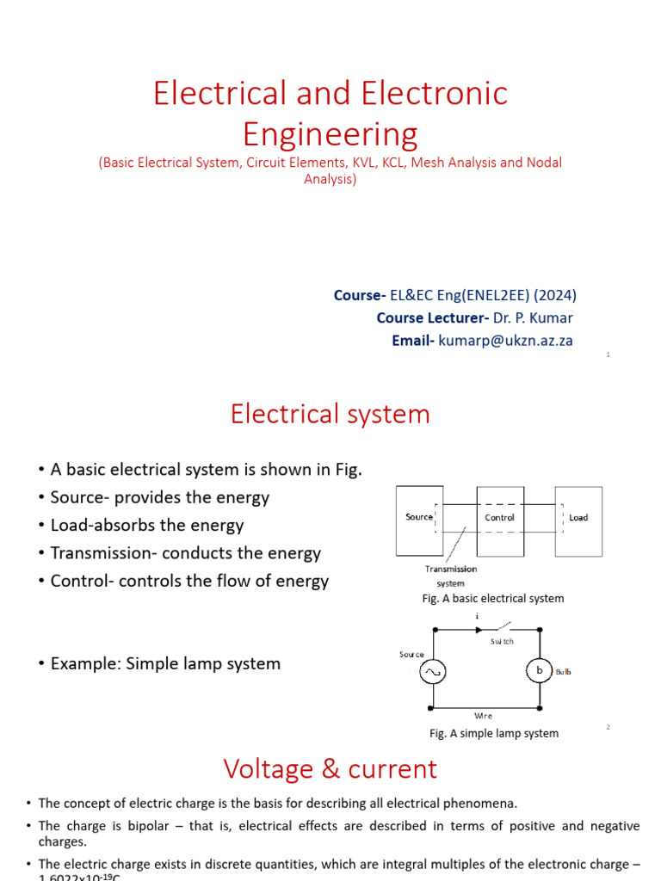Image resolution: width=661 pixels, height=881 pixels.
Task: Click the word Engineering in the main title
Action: (330, 134)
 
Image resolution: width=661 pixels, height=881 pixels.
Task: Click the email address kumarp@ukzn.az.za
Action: (505, 340)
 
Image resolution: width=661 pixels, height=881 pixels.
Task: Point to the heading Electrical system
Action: (330, 414)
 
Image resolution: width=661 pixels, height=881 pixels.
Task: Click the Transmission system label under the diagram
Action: (450, 576)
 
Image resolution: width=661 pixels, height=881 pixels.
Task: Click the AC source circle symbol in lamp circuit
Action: (432, 671)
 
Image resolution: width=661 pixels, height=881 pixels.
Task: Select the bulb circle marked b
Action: (539, 671)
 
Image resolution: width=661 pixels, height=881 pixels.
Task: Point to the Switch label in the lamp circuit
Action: (502, 642)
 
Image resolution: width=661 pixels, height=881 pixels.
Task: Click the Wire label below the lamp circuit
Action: (484, 715)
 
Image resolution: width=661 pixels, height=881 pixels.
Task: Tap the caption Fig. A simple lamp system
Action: (494, 733)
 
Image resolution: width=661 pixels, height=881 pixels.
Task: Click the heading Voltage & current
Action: (330, 768)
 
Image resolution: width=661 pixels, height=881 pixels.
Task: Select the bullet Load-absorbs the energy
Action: (146, 525)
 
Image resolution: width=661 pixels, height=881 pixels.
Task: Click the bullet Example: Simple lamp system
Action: (165, 663)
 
